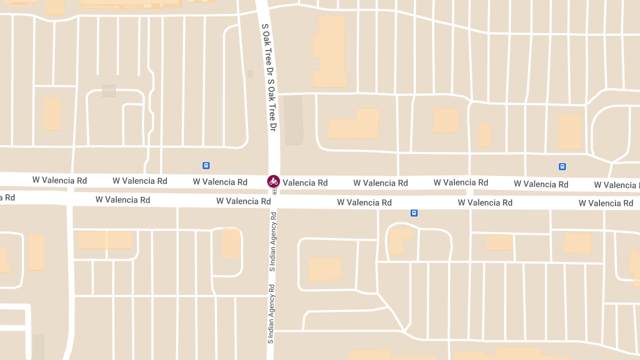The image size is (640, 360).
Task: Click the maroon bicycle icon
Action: pos(274,181)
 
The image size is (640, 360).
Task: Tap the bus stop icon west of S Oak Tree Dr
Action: pos(206,165)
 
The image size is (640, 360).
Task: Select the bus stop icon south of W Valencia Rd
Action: pos(414,213)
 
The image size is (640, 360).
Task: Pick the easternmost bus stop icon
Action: pos(562,166)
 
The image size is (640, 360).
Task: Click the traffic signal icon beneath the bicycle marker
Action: pos(274,191)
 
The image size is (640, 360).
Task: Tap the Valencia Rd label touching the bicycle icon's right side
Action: pos(305,182)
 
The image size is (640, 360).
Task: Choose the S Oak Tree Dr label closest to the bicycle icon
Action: pos(272,106)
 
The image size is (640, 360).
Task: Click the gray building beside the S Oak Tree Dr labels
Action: pos(293,120)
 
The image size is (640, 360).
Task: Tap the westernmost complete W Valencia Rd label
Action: pos(59,180)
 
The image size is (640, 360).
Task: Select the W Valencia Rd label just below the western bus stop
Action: pos(220,182)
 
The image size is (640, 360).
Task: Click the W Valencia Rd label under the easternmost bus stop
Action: pos(541,185)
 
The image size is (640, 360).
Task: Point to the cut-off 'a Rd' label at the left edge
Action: pos(7,197)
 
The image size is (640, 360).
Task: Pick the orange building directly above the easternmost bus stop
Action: pos(569,131)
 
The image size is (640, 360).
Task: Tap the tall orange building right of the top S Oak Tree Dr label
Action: pos(329,51)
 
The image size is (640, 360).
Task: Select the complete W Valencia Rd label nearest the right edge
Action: pos(606,203)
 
